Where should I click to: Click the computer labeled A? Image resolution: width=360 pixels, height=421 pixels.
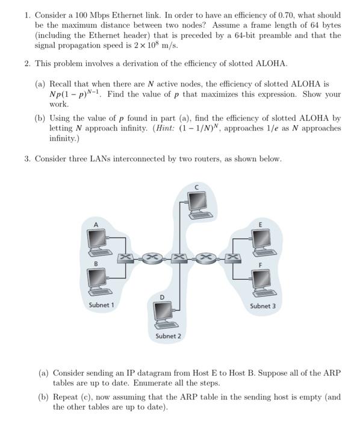tap(98, 240)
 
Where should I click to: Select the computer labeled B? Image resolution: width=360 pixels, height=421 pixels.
tap(98, 281)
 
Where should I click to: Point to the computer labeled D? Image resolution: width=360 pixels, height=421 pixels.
tap(163, 312)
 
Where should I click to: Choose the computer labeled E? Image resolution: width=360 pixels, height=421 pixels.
tap(261, 240)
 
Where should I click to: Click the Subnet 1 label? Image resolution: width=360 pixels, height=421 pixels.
tap(101, 306)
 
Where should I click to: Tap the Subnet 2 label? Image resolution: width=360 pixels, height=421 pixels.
tap(167, 336)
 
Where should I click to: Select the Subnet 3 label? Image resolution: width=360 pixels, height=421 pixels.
tap(262, 306)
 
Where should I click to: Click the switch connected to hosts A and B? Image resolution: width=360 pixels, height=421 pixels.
tap(127, 259)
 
